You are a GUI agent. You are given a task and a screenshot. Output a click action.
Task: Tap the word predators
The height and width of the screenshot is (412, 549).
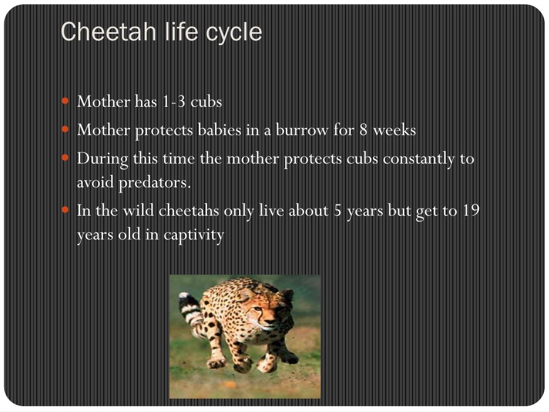tap(154, 183)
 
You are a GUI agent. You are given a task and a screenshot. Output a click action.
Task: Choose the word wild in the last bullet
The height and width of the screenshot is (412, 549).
tap(139, 211)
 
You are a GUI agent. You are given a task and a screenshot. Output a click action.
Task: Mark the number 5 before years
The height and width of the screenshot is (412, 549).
tap(338, 211)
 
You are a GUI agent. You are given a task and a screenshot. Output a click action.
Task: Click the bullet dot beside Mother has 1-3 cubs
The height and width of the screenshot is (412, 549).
tap(66, 100)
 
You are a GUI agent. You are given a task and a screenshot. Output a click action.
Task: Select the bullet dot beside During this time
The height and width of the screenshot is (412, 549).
tap(66, 158)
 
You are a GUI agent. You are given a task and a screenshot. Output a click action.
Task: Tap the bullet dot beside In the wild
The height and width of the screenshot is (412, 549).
tap(66, 210)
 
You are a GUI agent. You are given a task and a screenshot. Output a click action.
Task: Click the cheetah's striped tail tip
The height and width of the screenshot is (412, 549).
tap(184, 297)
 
